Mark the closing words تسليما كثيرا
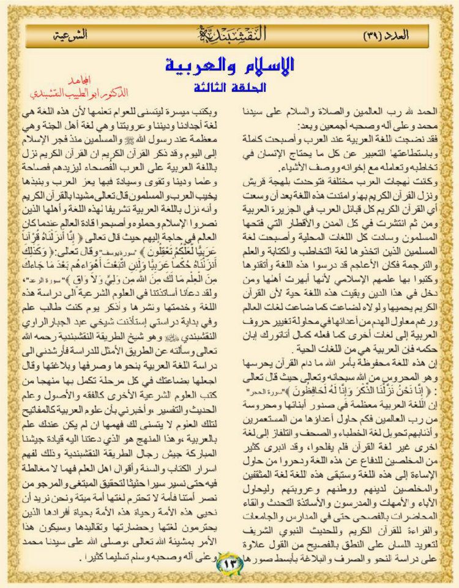click(x=68, y=557)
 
